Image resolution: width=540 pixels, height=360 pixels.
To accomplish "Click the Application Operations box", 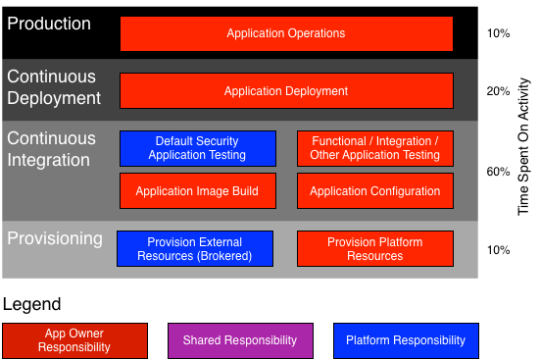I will click(x=286, y=33).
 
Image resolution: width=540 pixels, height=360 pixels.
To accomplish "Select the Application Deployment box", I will click(x=286, y=91).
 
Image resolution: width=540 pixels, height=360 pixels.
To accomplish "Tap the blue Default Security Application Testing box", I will click(x=197, y=148).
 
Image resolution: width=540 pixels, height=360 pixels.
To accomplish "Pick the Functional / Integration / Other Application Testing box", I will click(x=374, y=148).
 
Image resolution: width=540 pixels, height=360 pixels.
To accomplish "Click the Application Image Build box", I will click(x=197, y=191).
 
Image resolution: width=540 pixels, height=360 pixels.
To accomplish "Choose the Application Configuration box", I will click(x=374, y=191).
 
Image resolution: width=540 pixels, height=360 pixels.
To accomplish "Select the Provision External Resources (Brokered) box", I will click(x=194, y=249).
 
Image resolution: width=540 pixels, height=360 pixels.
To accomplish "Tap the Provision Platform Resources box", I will click(x=374, y=249).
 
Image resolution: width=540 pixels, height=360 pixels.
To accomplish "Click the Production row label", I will click(x=49, y=24).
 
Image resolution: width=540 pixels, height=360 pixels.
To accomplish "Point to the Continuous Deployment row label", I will click(x=54, y=87).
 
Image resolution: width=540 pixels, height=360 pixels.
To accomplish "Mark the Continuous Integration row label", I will click(x=52, y=149).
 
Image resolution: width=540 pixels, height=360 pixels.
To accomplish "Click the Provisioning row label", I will click(x=55, y=238).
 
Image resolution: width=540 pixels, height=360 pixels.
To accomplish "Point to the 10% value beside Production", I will click(x=498, y=33).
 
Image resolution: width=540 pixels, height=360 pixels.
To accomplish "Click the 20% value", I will click(x=498, y=91).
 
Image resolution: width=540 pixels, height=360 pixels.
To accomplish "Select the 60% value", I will click(x=498, y=172).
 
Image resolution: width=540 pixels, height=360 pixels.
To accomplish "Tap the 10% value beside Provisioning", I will click(x=498, y=250).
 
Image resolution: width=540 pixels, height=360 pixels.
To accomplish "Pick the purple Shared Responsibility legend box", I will click(x=240, y=340).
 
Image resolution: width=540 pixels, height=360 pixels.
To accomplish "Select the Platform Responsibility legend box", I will click(x=406, y=340).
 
